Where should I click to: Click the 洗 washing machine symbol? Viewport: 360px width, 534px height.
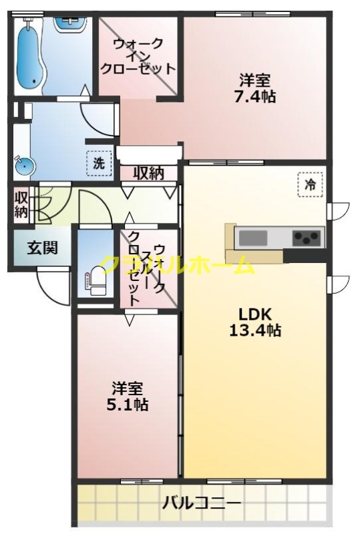coord(99,162)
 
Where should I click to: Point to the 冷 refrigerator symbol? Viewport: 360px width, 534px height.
coord(310,184)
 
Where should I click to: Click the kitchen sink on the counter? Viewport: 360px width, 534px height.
coord(253,237)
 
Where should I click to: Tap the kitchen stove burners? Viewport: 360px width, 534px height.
coord(307,237)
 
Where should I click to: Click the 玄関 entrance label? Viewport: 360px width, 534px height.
coord(42,248)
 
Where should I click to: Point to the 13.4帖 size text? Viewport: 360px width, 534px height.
coord(254,330)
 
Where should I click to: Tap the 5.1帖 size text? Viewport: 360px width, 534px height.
coord(127,405)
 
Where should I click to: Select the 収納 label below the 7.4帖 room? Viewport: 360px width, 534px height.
coord(148,174)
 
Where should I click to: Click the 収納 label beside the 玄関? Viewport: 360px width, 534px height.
coord(21,205)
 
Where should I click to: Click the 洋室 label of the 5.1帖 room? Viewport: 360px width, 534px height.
coord(127,388)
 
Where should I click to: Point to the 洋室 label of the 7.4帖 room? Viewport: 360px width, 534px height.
coord(255,79)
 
